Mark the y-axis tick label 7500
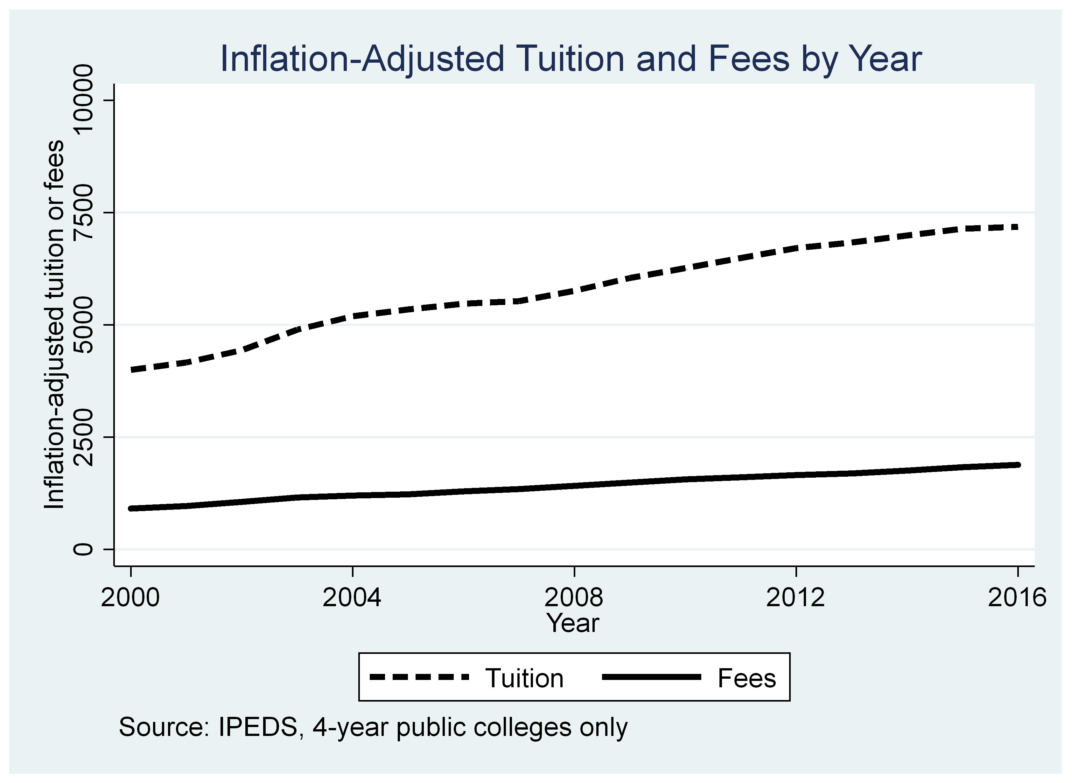pyautogui.click(x=84, y=212)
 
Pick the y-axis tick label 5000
pyautogui.click(x=84, y=325)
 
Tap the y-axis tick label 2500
pyautogui.click(x=84, y=437)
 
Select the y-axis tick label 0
pyautogui.click(x=84, y=549)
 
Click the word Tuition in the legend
pyautogui.click(x=524, y=678)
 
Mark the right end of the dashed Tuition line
pyautogui.click(x=1017, y=227)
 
